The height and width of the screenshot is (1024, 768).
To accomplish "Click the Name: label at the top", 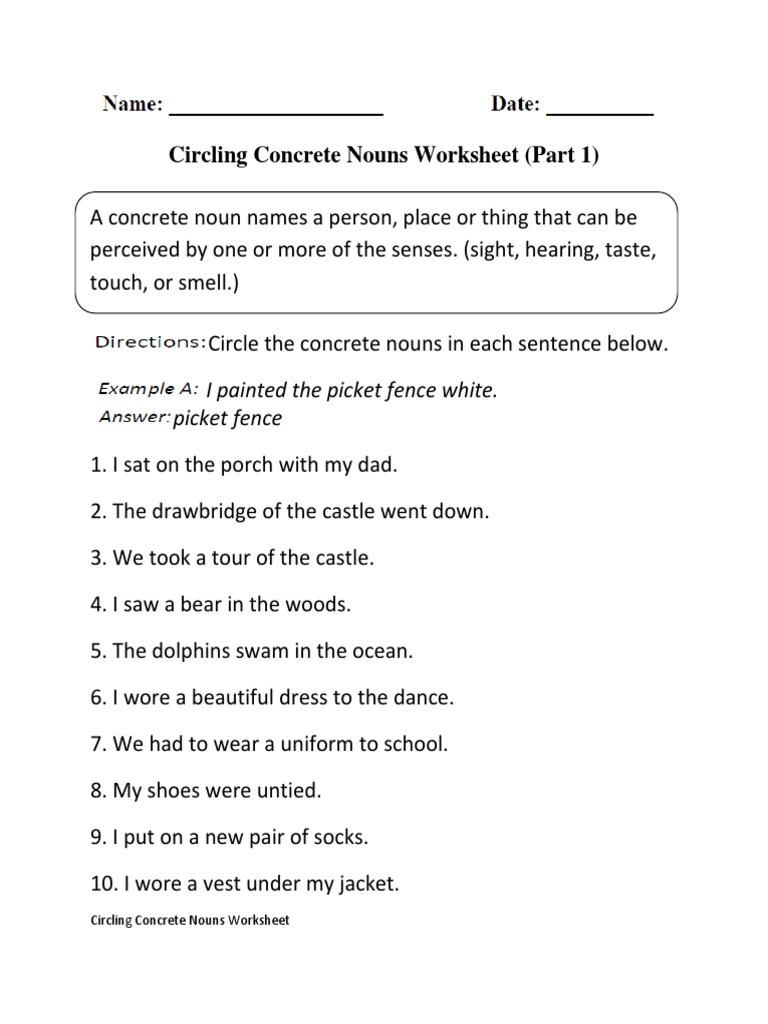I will (x=131, y=104).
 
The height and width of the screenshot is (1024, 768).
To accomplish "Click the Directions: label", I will (x=150, y=343).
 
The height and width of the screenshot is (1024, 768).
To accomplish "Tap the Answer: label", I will (x=135, y=416).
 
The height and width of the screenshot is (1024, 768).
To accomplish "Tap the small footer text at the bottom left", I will (x=189, y=920).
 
